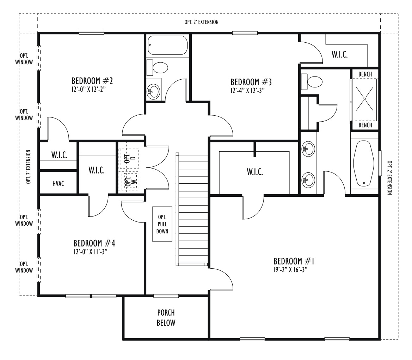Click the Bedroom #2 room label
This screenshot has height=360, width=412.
(x=92, y=81)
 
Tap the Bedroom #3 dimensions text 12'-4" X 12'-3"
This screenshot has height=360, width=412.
(x=247, y=91)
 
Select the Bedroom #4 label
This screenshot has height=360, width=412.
(x=94, y=243)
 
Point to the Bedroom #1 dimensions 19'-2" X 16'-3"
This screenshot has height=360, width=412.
(x=290, y=270)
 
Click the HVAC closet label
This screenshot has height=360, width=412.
(x=58, y=184)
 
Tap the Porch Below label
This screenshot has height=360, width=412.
(x=166, y=318)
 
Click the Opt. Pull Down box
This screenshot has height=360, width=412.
(x=162, y=224)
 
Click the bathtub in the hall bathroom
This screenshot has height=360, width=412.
(x=168, y=45)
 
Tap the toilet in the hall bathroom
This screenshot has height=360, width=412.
(x=157, y=68)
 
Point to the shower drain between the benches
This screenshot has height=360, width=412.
(x=364, y=99)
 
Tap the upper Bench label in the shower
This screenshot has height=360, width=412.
(x=365, y=74)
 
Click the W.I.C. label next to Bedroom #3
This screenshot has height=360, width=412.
(x=339, y=54)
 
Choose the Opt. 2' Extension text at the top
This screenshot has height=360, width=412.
(x=201, y=22)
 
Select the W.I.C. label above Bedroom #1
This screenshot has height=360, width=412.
(x=254, y=172)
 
